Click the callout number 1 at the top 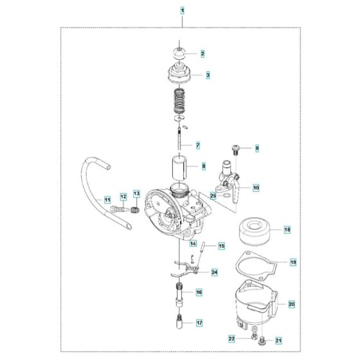(182, 11)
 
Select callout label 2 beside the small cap (203, 53)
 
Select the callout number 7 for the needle (199, 145)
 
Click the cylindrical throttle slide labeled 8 (181, 168)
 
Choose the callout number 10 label (255, 188)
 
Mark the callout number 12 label (122, 196)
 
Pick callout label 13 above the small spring (136, 193)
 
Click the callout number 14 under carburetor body (192, 243)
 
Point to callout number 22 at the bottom (231, 338)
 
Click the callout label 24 (215, 272)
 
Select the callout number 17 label (199, 323)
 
